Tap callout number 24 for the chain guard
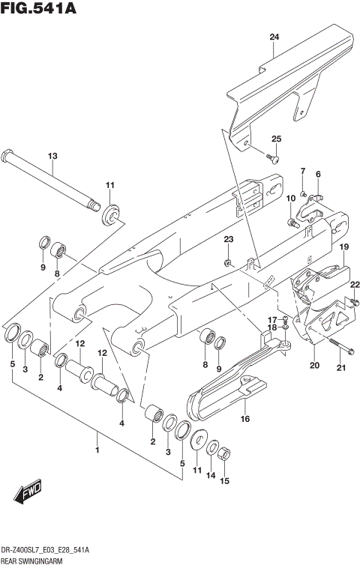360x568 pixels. click(274, 37)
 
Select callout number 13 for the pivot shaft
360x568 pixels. click(52, 156)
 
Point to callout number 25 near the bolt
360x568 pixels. click(276, 139)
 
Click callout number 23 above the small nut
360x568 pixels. click(229, 239)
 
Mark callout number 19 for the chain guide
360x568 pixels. click(343, 247)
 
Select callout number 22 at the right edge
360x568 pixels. click(355, 284)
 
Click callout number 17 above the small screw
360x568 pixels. click(273, 320)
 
